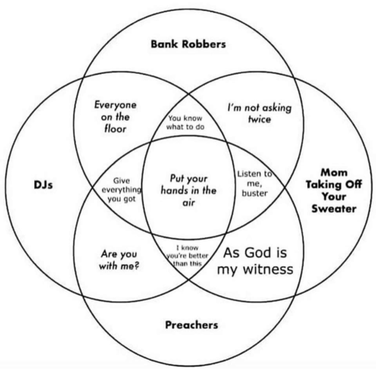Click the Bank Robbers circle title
188,44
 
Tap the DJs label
43,185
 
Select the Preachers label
192,325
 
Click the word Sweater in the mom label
334,209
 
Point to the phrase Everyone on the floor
115,117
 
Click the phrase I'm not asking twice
260,114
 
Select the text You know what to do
185,122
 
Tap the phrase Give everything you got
121,190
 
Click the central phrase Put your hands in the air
189,190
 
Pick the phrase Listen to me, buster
255,183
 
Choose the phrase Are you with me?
119,260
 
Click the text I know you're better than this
187,256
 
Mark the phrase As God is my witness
255,261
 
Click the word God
258,253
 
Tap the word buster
255,193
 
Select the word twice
260,119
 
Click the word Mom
334,173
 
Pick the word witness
268,270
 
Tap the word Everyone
115,105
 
